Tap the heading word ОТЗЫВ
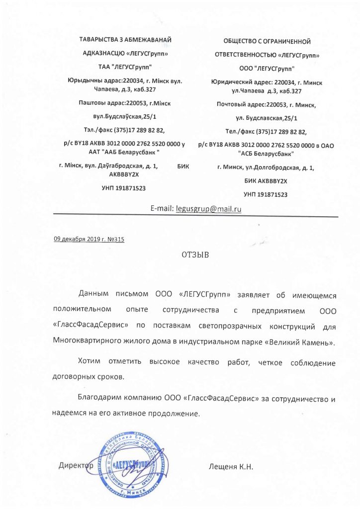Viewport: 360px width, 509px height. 196,255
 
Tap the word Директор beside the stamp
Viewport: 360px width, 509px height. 76,466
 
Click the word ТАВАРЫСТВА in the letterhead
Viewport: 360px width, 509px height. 99,39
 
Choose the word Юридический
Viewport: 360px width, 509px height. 232,82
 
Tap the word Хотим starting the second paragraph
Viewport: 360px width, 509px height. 90,361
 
